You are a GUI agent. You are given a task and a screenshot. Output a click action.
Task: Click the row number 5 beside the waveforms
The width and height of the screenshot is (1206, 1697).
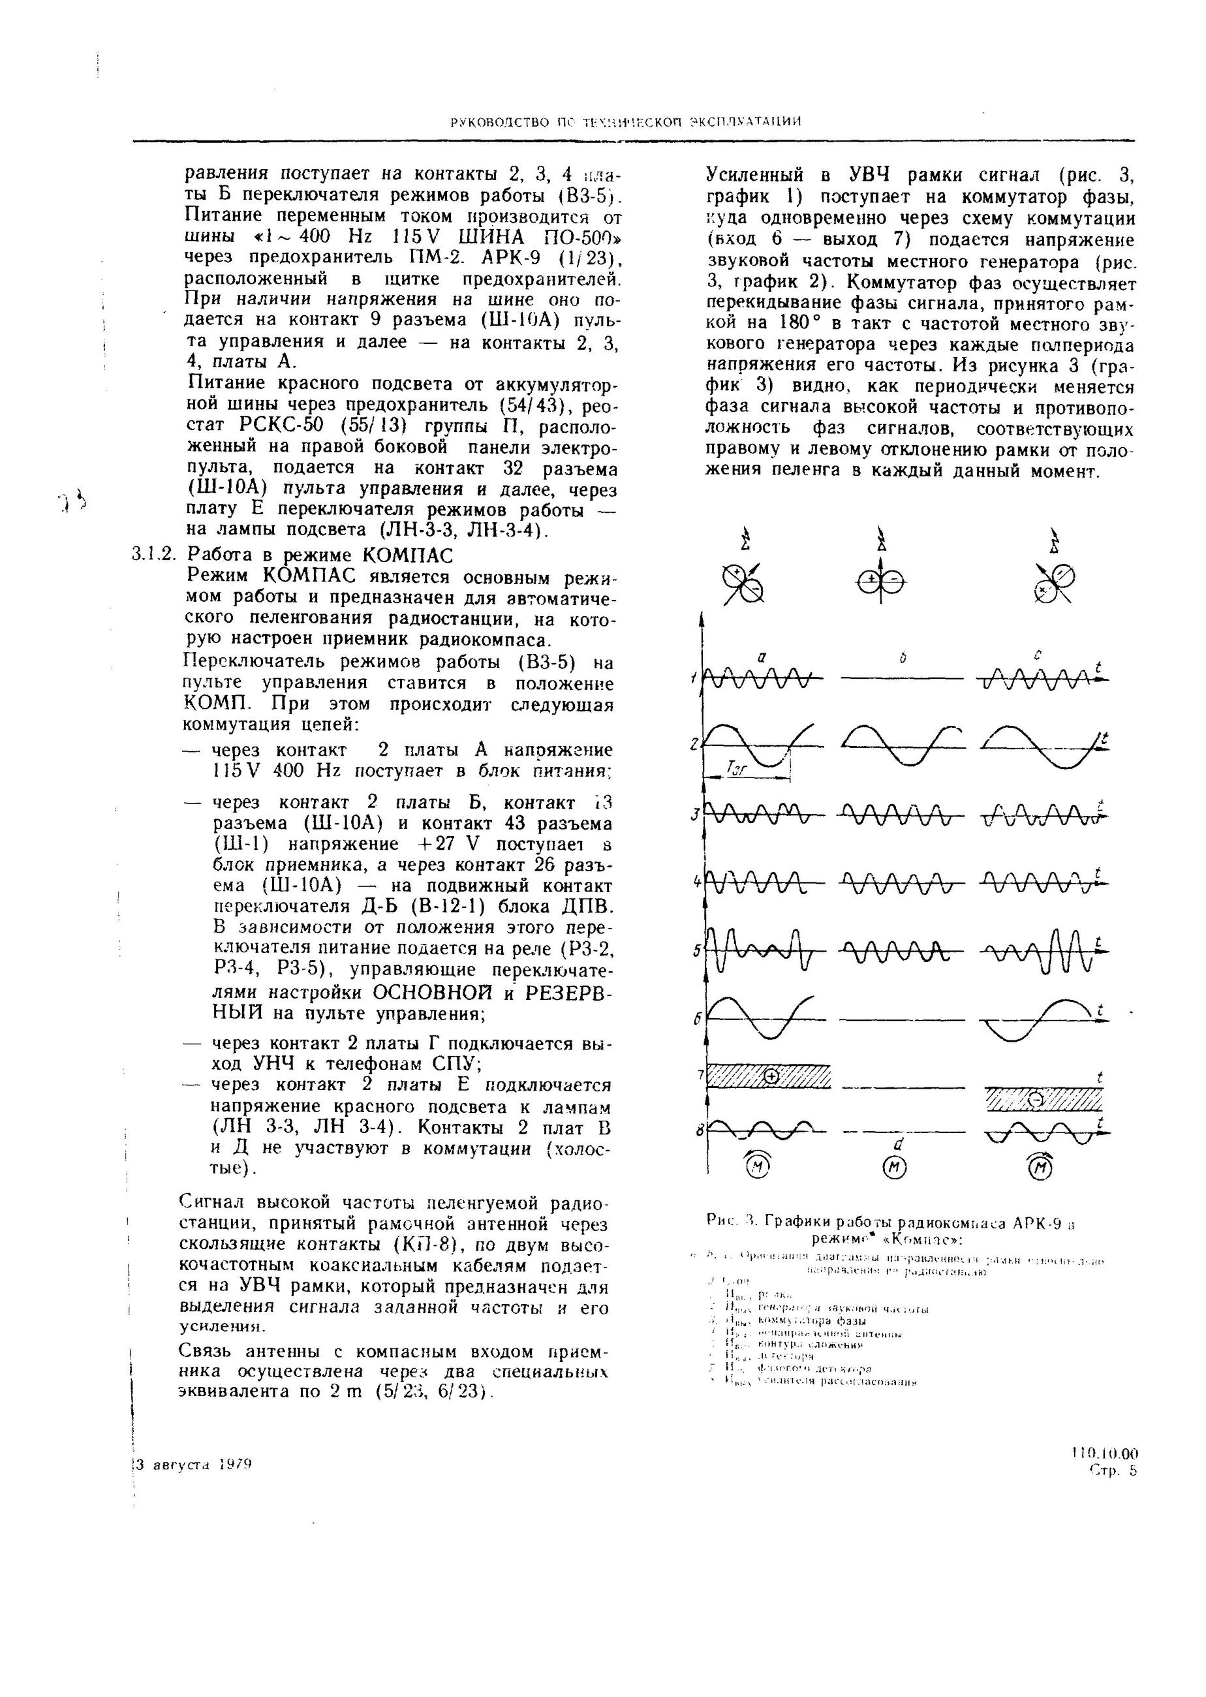coord(696,950)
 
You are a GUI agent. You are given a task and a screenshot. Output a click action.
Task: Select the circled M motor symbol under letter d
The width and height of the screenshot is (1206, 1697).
coord(894,1170)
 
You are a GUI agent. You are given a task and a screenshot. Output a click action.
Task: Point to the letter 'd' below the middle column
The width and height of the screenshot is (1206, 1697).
coord(898,1144)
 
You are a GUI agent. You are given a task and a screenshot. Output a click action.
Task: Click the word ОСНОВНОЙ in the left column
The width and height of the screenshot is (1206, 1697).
coord(422,992)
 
